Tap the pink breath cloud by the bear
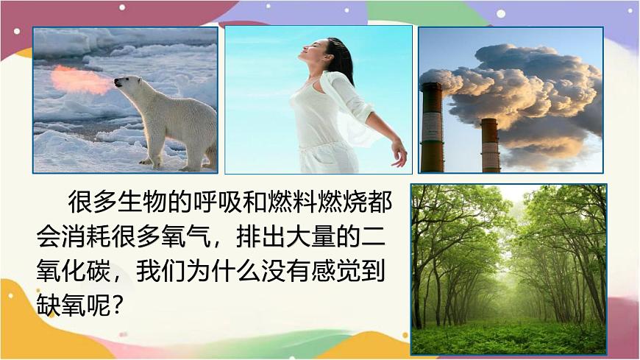point(82,79)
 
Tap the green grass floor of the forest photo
point(508,336)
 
